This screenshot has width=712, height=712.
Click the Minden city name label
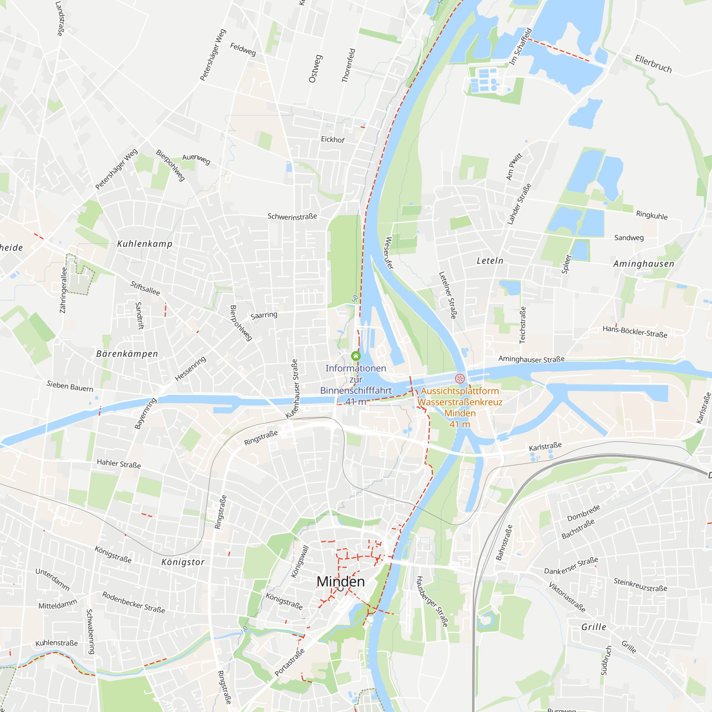click(x=341, y=582)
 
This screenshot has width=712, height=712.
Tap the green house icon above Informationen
click(x=356, y=356)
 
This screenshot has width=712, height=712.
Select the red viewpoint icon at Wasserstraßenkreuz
click(x=460, y=378)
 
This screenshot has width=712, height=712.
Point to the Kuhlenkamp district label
click(x=145, y=244)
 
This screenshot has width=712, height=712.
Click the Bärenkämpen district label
click(x=127, y=354)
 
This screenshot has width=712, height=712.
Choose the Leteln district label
click(x=490, y=261)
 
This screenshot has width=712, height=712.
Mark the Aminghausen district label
click(x=644, y=264)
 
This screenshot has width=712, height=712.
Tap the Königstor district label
click(x=183, y=562)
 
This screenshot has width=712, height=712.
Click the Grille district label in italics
click(x=594, y=627)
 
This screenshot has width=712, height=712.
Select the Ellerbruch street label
click(x=653, y=64)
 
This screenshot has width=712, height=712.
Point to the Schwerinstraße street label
click(x=292, y=217)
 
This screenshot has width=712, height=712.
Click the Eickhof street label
click(x=333, y=139)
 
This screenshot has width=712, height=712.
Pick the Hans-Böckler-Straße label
click(x=635, y=331)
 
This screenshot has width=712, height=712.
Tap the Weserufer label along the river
click(x=389, y=253)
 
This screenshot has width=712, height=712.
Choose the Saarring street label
click(x=264, y=315)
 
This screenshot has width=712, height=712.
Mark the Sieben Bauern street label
click(x=70, y=386)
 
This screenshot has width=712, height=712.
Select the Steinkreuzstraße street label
click(x=640, y=585)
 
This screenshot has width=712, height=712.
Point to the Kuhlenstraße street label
click(x=56, y=643)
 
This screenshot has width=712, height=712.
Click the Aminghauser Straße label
click(x=532, y=359)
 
